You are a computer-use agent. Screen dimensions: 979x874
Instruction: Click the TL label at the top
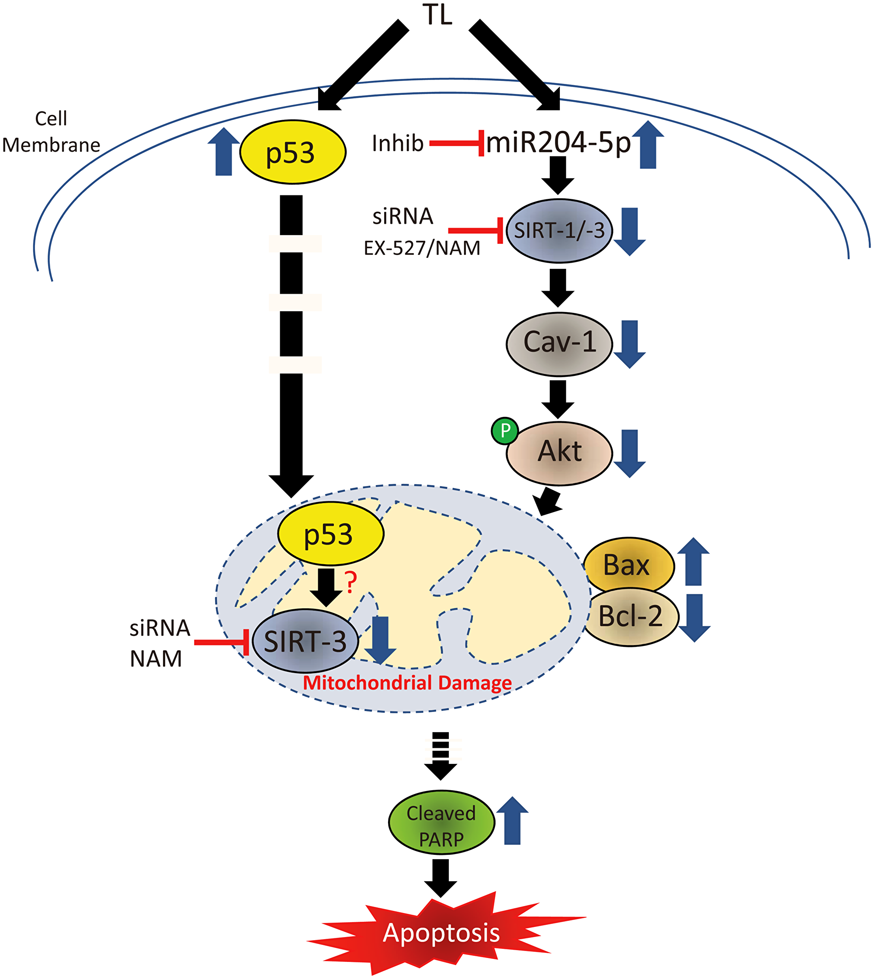(x=437, y=14)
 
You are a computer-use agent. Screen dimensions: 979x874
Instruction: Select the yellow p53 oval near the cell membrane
(x=292, y=152)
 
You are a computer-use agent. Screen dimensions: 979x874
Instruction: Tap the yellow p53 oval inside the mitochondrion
(x=330, y=533)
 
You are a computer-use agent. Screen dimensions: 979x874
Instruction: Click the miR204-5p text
(x=558, y=142)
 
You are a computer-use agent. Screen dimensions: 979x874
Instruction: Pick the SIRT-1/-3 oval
(x=559, y=231)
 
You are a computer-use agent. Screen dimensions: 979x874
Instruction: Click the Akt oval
(x=559, y=452)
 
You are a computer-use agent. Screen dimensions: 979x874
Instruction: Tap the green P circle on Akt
(x=505, y=430)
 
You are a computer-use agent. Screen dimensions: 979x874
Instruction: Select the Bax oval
(x=628, y=565)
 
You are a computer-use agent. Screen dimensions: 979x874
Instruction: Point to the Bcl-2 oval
(x=631, y=617)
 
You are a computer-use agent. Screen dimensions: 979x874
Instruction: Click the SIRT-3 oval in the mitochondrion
(x=305, y=641)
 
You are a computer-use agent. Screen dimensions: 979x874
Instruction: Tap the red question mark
(x=351, y=583)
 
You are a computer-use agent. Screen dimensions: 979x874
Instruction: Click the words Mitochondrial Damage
(x=407, y=682)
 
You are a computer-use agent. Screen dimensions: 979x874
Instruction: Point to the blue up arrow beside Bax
(x=693, y=562)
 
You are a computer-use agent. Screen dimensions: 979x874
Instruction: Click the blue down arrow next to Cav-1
(x=630, y=344)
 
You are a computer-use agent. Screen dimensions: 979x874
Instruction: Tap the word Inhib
(x=398, y=144)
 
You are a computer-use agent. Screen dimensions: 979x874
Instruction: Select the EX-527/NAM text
(x=422, y=248)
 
